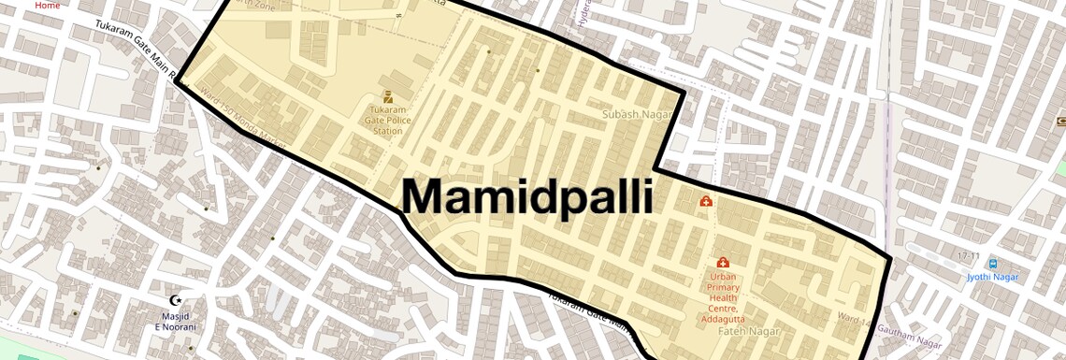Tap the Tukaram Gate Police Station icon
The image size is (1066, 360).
point(388,96)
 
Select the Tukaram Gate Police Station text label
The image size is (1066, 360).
point(388,121)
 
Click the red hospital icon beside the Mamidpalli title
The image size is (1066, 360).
point(706,201)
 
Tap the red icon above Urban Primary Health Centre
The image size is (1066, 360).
point(722,263)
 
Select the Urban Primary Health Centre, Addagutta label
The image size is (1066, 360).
point(722,298)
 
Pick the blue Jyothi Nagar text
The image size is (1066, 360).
point(993,277)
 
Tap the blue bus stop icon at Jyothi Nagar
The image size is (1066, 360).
point(993,264)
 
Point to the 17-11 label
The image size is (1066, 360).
point(968,255)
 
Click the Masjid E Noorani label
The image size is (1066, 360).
point(175,322)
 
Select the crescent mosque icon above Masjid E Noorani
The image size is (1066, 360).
point(175,301)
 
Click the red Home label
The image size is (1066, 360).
point(47,5)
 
